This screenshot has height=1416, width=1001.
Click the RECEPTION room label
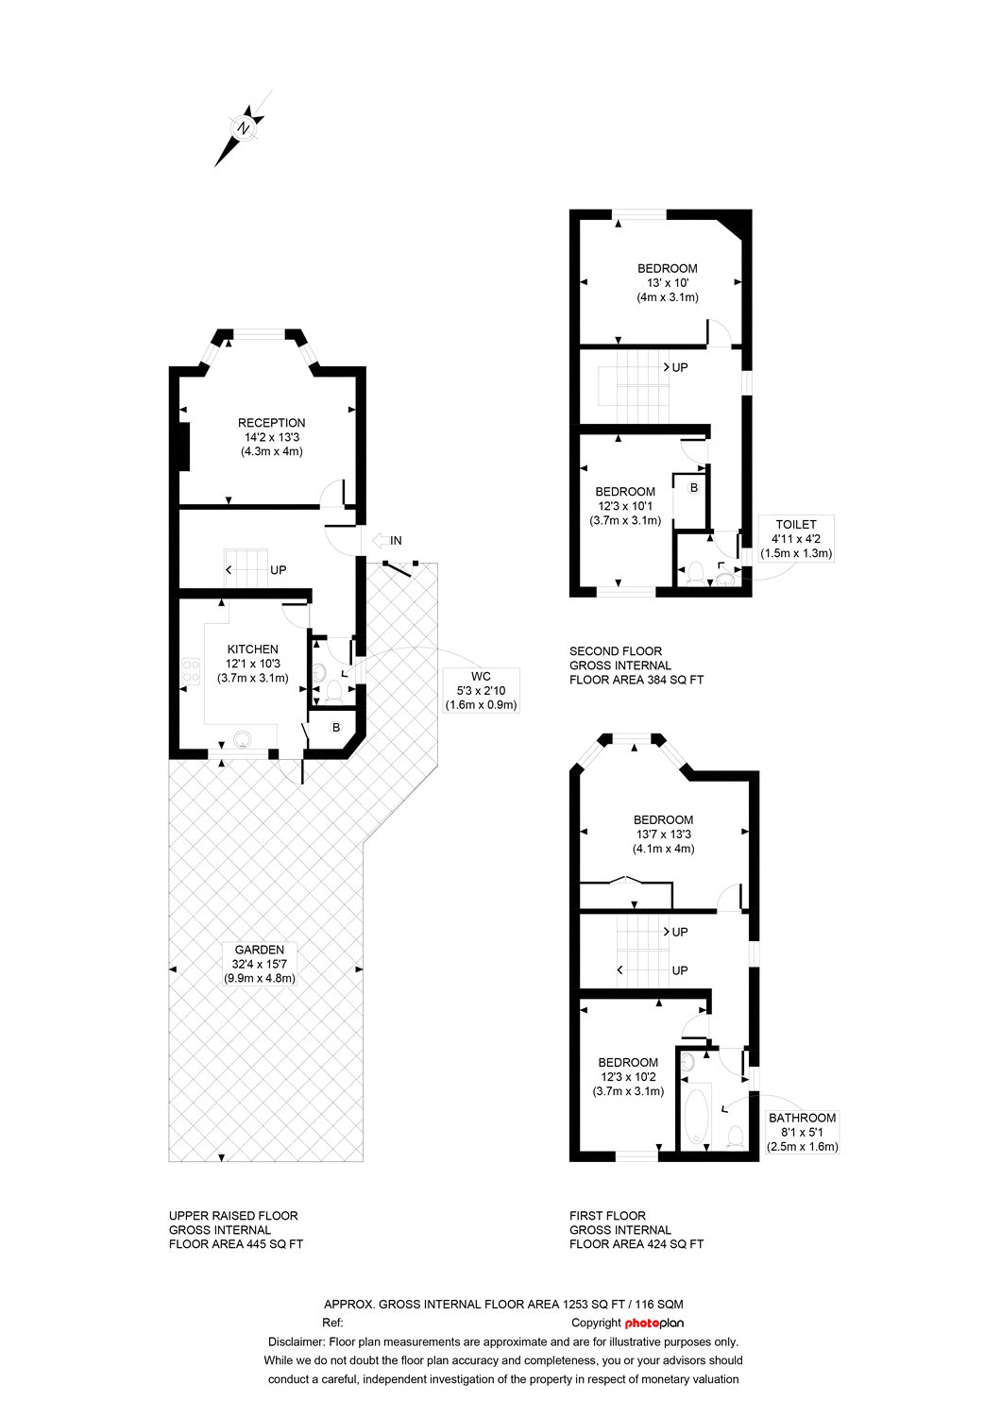(x=271, y=423)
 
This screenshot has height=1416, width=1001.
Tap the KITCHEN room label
(x=252, y=649)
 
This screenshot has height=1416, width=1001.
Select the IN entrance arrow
(x=387, y=540)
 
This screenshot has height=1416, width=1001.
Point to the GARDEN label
(x=260, y=950)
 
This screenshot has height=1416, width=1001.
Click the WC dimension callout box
(x=482, y=690)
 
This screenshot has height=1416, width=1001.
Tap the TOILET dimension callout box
(x=796, y=539)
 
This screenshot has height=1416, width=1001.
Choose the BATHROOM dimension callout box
(x=803, y=1132)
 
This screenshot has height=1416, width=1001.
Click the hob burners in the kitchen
(x=191, y=671)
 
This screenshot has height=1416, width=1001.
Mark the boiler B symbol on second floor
(x=694, y=488)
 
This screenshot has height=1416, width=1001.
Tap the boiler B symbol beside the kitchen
(x=336, y=728)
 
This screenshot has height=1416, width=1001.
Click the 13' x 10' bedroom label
(x=667, y=282)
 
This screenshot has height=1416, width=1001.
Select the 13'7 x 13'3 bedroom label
(x=663, y=834)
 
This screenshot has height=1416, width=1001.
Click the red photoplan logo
(x=653, y=1323)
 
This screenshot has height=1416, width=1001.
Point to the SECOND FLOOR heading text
(x=616, y=651)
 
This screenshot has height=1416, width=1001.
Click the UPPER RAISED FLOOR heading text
(x=233, y=1216)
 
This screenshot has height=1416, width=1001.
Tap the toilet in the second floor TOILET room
(x=694, y=572)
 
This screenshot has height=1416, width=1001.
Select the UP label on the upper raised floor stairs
(x=279, y=570)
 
